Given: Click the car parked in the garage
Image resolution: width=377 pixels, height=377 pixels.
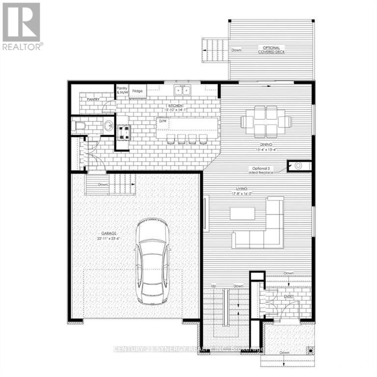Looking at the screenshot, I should (x=152, y=260).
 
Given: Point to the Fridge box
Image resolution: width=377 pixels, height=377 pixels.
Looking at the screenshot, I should (x=137, y=91).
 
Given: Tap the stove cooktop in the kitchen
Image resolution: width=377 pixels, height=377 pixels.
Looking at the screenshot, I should (x=122, y=131).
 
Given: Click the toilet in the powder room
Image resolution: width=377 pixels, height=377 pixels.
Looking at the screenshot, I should (x=79, y=127).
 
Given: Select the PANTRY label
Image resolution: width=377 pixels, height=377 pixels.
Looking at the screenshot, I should (x=93, y=99).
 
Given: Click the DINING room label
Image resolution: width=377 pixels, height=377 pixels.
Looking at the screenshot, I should (x=266, y=144).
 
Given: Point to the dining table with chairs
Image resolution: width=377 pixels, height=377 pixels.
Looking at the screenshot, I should (x=266, y=121).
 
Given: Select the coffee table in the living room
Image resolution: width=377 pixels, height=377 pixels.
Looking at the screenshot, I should (x=242, y=213).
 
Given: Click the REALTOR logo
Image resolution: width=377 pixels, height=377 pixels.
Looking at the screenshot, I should (x=22, y=26).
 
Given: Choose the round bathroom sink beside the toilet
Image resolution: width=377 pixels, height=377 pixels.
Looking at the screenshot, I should (x=108, y=126).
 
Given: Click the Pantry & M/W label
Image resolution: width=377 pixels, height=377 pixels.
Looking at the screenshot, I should (x=122, y=90).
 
